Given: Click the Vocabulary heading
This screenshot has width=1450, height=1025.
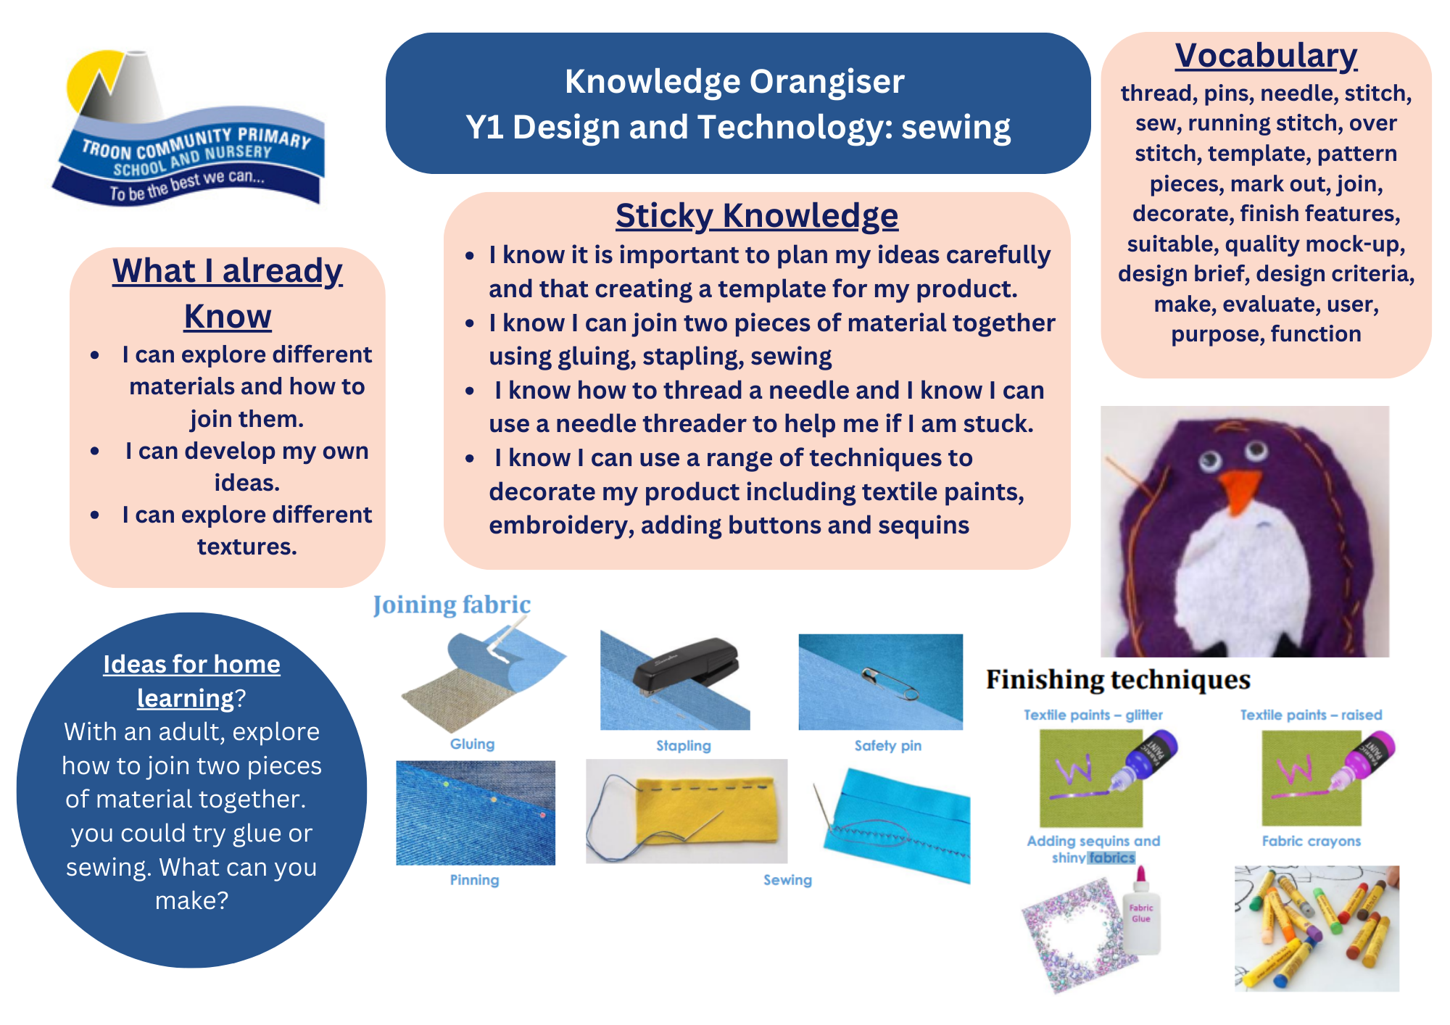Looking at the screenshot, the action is click(x=1266, y=56).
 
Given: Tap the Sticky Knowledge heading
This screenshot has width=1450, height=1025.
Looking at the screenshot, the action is click(x=757, y=216).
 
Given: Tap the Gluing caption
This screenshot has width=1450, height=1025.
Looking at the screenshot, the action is click(x=472, y=744).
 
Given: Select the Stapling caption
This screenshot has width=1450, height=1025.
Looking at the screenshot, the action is click(x=684, y=745).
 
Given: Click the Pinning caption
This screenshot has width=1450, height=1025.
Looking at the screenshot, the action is click(x=474, y=880).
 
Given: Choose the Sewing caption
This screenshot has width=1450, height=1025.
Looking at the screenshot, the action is click(x=787, y=880).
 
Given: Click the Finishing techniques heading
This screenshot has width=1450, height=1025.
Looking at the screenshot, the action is click(x=1118, y=680).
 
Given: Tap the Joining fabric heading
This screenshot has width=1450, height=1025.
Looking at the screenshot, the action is click(x=452, y=605).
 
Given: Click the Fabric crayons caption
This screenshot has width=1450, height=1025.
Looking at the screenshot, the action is click(x=1312, y=841).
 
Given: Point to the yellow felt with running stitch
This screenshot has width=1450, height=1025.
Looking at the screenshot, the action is click(x=710, y=810).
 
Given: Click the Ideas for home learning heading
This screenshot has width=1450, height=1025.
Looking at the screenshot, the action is click(x=191, y=681).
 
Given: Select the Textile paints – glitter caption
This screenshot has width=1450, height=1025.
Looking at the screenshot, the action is click(x=1093, y=715).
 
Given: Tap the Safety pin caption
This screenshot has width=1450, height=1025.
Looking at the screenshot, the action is click(x=888, y=745).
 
